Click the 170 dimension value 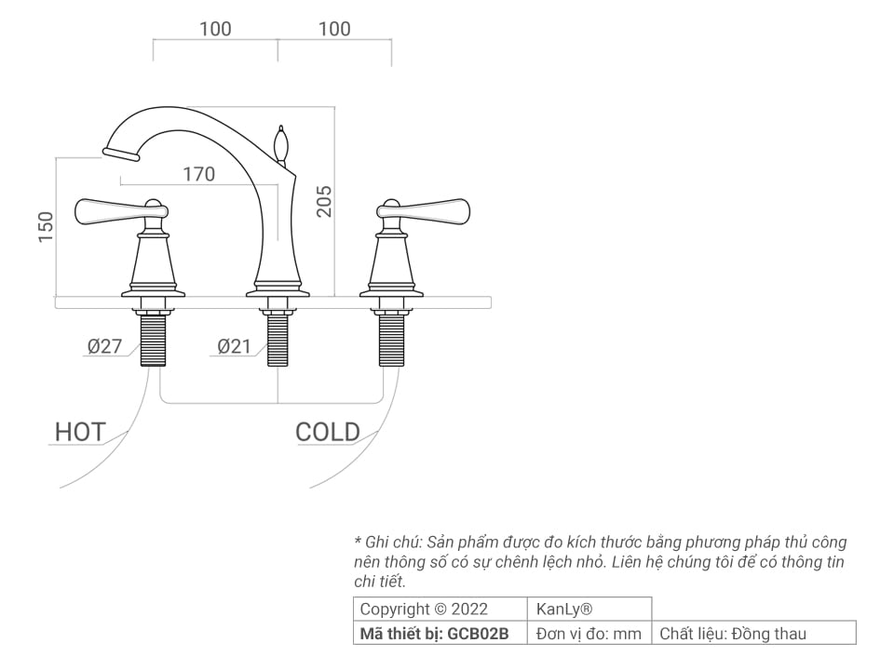198,174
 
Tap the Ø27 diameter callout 104,346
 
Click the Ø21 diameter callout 234,346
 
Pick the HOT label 79,432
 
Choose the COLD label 327,432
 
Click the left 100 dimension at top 215,29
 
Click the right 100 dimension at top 334,29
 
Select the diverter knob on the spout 279,143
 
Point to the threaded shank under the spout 277,340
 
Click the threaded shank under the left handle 154,340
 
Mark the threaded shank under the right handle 391,340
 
